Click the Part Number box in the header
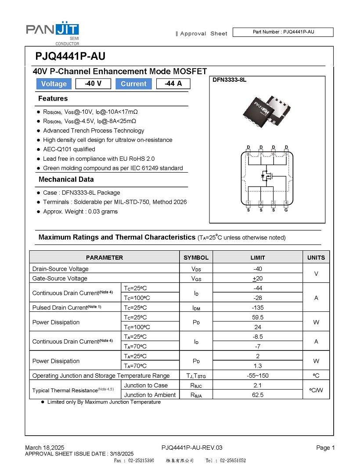283,32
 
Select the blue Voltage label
54,84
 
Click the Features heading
53,98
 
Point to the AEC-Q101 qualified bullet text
69,149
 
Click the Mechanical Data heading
66,179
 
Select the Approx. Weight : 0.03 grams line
80,212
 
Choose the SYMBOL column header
196,258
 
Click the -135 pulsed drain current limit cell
258,307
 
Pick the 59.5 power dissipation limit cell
258,317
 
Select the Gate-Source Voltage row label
60,278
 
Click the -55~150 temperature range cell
258,376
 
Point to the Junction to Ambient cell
150,395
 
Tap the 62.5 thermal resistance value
258,395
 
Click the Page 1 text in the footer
325,448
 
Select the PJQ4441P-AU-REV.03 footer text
192,448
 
